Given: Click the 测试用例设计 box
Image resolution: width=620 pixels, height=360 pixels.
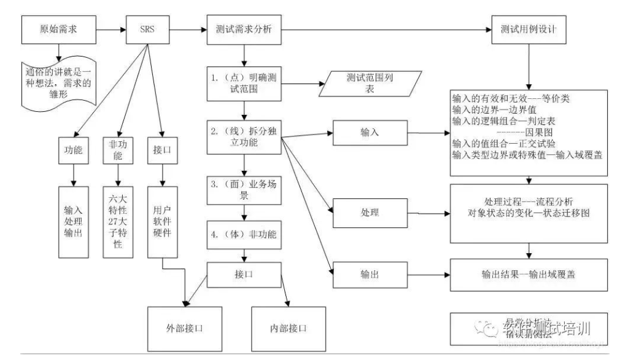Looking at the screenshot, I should click(x=528, y=29).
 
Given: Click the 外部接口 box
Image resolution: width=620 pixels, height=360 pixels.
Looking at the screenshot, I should click(x=186, y=327).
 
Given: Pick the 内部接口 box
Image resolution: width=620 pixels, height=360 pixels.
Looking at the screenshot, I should click(x=288, y=327).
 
